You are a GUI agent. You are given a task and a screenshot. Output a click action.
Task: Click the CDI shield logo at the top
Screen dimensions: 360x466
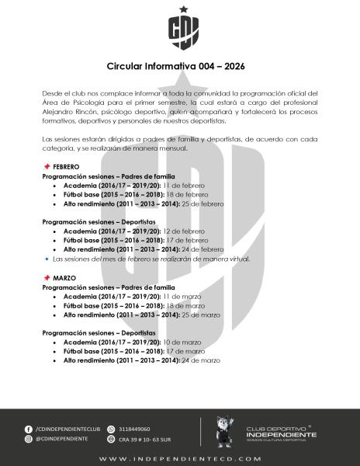pos(179,30)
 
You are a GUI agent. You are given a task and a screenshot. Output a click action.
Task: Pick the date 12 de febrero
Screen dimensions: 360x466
pos(183,231)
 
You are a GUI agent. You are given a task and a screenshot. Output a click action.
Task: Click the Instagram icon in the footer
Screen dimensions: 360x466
pos(29,439)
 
